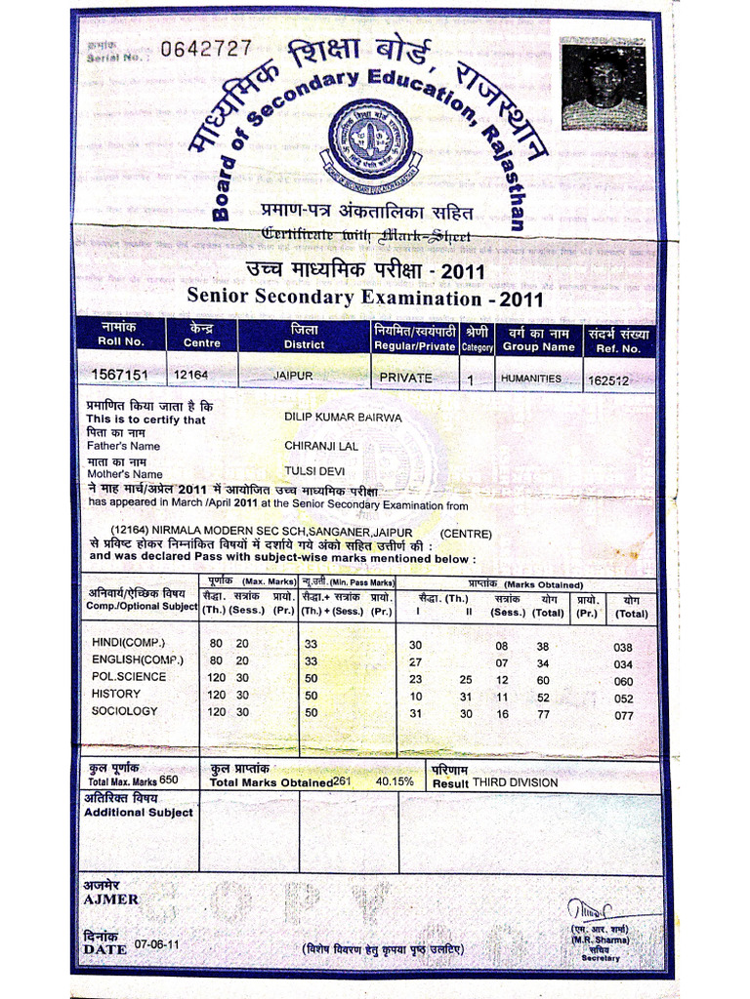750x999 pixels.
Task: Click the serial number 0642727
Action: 206,49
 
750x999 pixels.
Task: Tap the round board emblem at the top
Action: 370,146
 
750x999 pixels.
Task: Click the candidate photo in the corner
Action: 604,85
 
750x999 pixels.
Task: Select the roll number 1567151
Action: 119,375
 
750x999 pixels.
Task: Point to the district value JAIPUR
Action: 293,375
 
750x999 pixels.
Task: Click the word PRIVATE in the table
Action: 405,378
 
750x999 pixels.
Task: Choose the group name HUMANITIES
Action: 531,378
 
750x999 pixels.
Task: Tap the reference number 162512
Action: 608,380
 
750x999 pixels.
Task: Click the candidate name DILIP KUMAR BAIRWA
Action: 343,417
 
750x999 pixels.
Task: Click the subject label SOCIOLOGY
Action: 124,711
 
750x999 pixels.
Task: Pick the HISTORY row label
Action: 116,694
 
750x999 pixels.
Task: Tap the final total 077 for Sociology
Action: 623,716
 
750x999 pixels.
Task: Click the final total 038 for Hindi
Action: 623,648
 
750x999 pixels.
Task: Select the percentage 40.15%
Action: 395,781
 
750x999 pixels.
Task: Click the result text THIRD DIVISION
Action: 516,782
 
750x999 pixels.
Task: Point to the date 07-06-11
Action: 156,945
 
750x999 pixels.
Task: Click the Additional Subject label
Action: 139,812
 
